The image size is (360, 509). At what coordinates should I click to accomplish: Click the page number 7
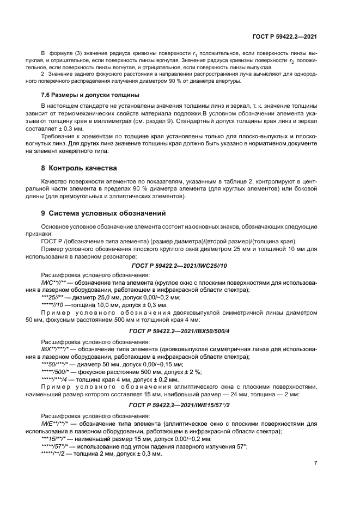316,462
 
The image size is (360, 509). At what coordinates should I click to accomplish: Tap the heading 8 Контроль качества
76,168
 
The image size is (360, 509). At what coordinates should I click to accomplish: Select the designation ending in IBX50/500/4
179,330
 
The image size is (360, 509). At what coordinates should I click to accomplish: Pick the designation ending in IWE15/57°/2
179,405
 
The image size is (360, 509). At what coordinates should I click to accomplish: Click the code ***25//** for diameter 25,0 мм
53,297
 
